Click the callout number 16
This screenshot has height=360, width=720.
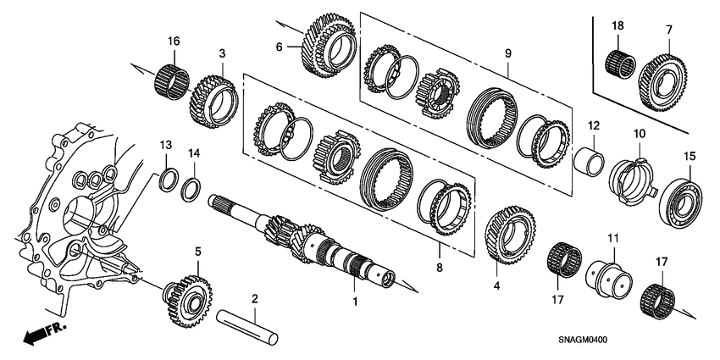(x=174, y=41)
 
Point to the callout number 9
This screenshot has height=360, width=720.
(x=508, y=53)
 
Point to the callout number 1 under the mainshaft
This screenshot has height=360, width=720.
(x=356, y=302)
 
